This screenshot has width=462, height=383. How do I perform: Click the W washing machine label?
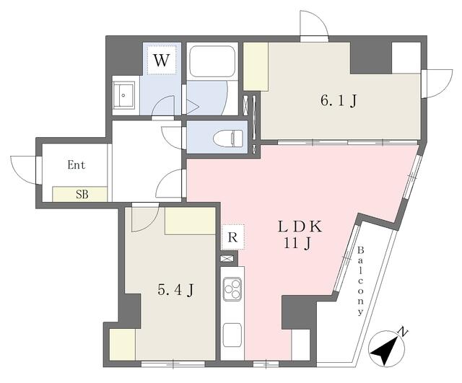(162, 61)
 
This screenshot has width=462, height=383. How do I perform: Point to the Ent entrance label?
(77, 164)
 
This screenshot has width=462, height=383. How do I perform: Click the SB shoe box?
(80, 193)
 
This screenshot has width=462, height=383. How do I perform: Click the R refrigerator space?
(232, 236)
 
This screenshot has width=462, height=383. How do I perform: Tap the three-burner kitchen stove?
(232, 290)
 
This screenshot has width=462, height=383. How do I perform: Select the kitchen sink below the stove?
(232, 334)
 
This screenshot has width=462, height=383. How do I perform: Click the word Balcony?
(359, 281)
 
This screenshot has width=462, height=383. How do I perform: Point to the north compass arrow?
(388, 350)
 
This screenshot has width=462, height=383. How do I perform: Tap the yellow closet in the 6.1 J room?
(256, 66)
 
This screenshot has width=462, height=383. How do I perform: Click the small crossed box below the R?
(227, 258)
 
